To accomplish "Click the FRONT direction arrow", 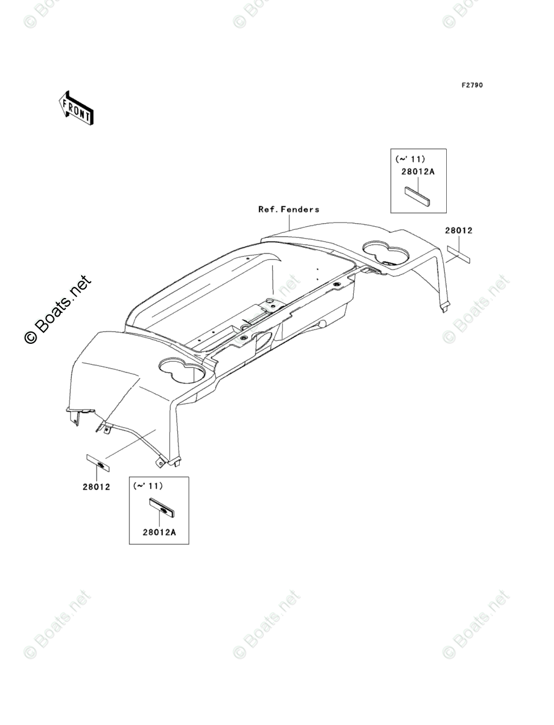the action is [76, 107].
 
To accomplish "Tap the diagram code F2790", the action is [471, 85].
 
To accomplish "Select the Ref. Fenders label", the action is [289, 209].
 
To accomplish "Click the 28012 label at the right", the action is [458, 231].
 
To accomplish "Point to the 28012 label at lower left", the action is [96, 486].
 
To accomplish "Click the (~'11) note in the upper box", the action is [410, 159].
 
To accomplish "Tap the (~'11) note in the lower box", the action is [148, 486].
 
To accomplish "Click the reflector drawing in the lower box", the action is [162, 509].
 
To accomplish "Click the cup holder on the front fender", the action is [182, 370].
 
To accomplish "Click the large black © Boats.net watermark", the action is [57, 309].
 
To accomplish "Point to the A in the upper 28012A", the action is [433, 172].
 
